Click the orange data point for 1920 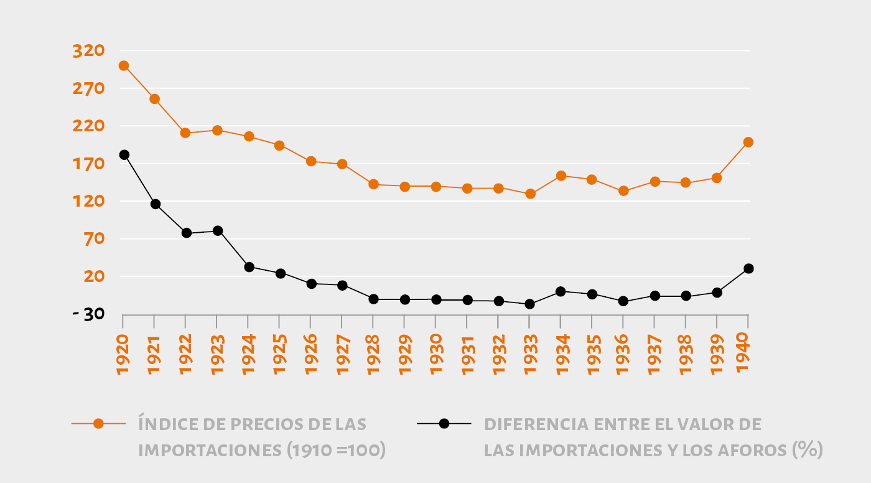124,65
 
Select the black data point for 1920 124,155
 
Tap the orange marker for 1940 748,142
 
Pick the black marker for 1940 748,268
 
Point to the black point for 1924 249,267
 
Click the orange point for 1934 561,176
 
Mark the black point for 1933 529,304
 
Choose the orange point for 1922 185,133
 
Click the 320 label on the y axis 88,51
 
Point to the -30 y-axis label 87,314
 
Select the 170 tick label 88,164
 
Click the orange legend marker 98,424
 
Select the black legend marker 444,424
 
